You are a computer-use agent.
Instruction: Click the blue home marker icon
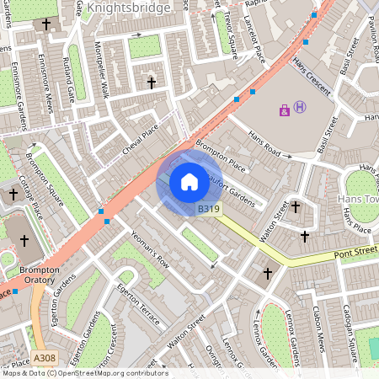pyautogui.click(x=189, y=181)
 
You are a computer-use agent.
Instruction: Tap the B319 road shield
pyautogui.click(x=209, y=208)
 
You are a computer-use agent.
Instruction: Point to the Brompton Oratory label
pyautogui.click(x=39, y=275)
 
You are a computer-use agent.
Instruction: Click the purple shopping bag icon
pyautogui.click(x=285, y=109)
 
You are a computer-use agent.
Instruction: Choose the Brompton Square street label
pyautogui.click(x=45, y=176)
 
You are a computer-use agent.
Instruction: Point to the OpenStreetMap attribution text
pyautogui.click(x=84, y=373)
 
